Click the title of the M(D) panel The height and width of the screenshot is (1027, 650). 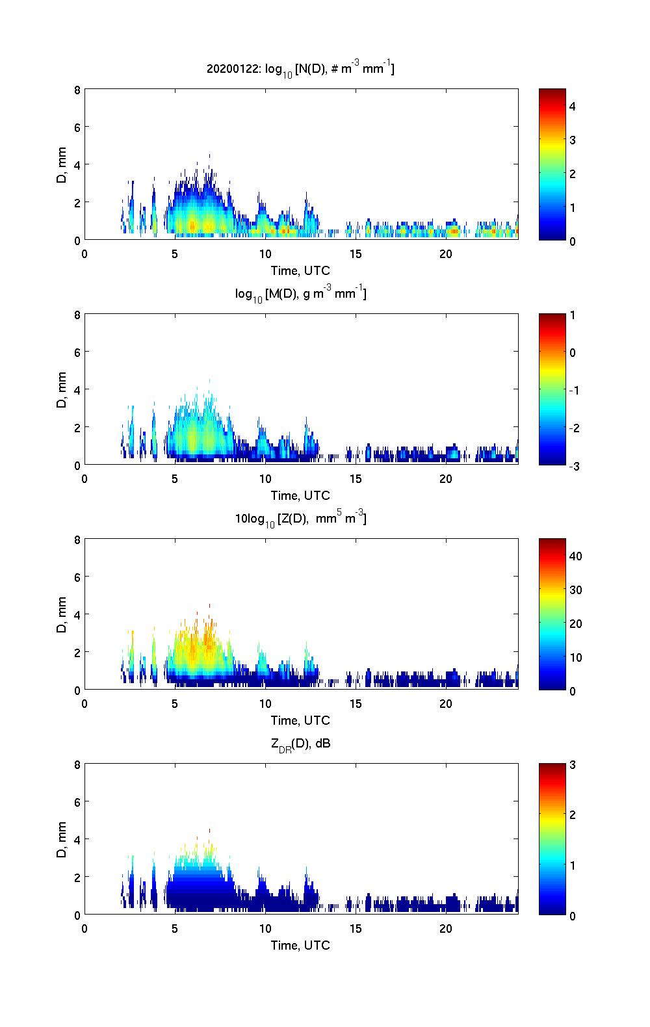[x=300, y=294]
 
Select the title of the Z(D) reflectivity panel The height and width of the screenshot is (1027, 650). [x=300, y=519]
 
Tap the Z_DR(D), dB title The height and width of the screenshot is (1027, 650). [x=300, y=744]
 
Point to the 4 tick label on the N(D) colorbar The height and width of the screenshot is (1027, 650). [x=573, y=106]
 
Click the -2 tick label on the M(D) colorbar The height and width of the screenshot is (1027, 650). [x=573, y=428]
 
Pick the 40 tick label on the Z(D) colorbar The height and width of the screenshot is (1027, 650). [x=575, y=556]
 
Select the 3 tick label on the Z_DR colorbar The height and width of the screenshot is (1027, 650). [x=573, y=765]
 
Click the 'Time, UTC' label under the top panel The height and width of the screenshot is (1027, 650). [x=300, y=270]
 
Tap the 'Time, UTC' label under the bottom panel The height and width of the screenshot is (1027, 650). [x=300, y=945]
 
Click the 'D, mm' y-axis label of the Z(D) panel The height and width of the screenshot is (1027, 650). [x=62, y=614]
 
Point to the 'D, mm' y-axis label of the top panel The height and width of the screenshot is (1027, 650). [x=62, y=164]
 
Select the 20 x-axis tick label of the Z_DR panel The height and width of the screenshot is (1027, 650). [x=446, y=929]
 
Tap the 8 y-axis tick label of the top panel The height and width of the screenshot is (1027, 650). [x=77, y=90]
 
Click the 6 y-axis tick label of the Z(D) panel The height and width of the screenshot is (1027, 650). [x=77, y=577]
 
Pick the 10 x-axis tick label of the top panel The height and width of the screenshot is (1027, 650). [x=265, y=254]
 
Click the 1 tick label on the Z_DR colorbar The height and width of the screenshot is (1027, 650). [x=573, y=865]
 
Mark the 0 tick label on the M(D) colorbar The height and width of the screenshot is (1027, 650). [x=573, y=353]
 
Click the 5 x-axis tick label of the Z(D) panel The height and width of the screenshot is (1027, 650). [x=175, y=704]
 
